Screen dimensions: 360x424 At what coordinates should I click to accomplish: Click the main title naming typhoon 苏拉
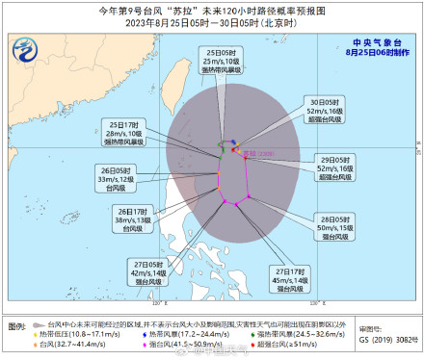pos(211,11)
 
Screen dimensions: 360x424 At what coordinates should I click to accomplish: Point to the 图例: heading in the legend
pos(18,327)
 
